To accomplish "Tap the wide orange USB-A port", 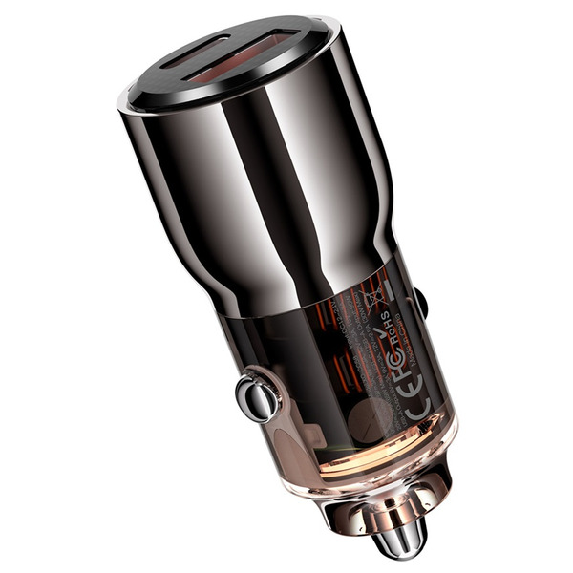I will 270,51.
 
